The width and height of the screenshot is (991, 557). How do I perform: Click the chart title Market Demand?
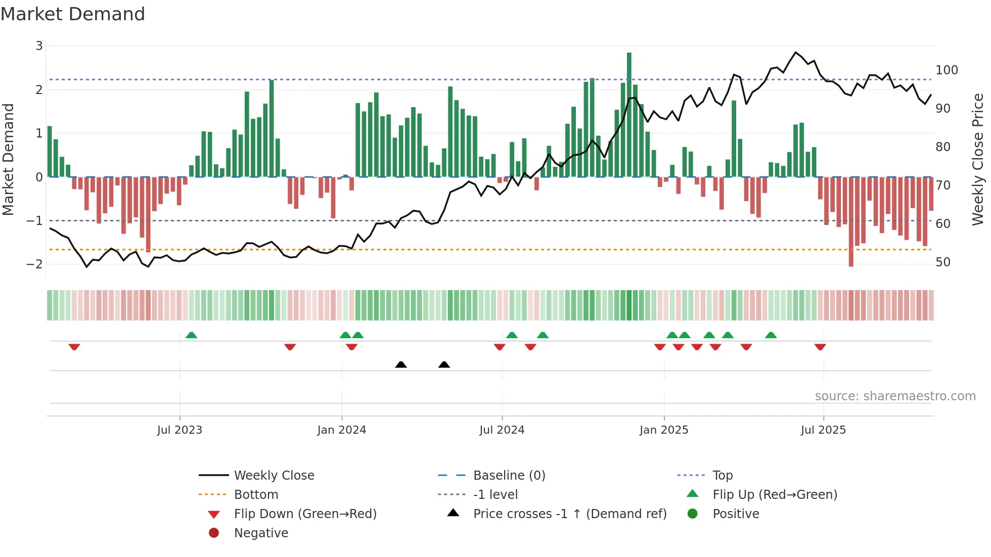[x=73, y=14]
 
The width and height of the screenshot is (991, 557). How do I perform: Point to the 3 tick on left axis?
[x=39, y=46]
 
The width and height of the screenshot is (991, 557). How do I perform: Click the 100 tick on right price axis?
[x=947, y=70]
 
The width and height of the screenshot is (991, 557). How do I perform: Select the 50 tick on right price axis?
[x=942, y=262]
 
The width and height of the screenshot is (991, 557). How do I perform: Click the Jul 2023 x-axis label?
[x=179, y=430]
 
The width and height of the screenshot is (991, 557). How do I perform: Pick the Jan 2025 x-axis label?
[x=663, y=430]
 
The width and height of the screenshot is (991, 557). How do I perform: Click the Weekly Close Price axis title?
[x=978, y=159]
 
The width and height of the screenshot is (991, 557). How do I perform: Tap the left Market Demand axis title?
[x=9, y=159]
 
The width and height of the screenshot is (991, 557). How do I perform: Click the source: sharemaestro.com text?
[x=895, y=396]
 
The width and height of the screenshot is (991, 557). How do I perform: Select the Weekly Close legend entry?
[x=274, y=476]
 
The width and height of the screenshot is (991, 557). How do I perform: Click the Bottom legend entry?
[x=256, y=495]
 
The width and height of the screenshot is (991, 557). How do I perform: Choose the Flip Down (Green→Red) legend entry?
[x=305, y=514]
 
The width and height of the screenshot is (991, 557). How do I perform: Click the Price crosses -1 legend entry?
[x=569, y=514]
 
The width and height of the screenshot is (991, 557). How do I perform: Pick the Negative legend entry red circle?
[x=214, y=533]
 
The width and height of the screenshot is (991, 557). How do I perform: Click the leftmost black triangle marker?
[x=401, y=364]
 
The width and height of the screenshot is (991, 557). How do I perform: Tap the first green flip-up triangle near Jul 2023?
[x=191, y=335]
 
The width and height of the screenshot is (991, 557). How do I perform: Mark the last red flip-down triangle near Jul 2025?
[x=820, y=347]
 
